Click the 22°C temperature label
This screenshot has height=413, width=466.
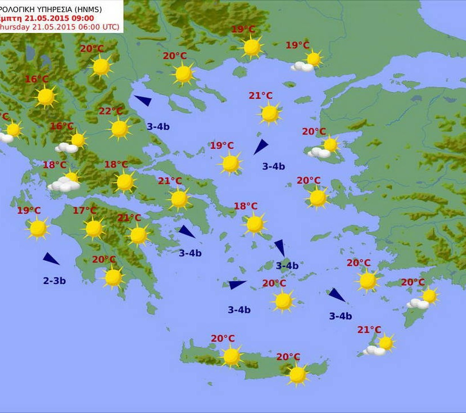(x=110, y=111)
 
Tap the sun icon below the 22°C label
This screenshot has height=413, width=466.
(x=119, y=129)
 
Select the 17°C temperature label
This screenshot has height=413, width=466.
(x=85, y=211)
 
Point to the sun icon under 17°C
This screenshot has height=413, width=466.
(x=94, y=228)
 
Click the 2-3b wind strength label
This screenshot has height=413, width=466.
(x=55, y=281)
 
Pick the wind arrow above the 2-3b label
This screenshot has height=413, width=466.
(x=51, y=259)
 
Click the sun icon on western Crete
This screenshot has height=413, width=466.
(x=231, y=356)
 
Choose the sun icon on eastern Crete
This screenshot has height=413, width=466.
(x=297, y=374)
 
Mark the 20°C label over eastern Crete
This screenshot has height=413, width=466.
(x=288, y=357)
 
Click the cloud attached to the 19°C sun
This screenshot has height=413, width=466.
(x=302, y=66)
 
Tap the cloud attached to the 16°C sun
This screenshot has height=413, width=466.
(x=67, y=148)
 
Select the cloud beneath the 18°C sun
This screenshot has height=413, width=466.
(x=63, y=185)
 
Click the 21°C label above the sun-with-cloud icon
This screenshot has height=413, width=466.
(x=369, y=329)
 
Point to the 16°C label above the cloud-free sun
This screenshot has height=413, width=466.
(x=36, y=80)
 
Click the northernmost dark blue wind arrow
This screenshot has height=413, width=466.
(x=143, y=101)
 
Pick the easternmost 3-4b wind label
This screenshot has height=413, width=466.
(x=340, y=316)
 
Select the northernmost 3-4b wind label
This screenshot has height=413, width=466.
(x=158, y=127)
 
